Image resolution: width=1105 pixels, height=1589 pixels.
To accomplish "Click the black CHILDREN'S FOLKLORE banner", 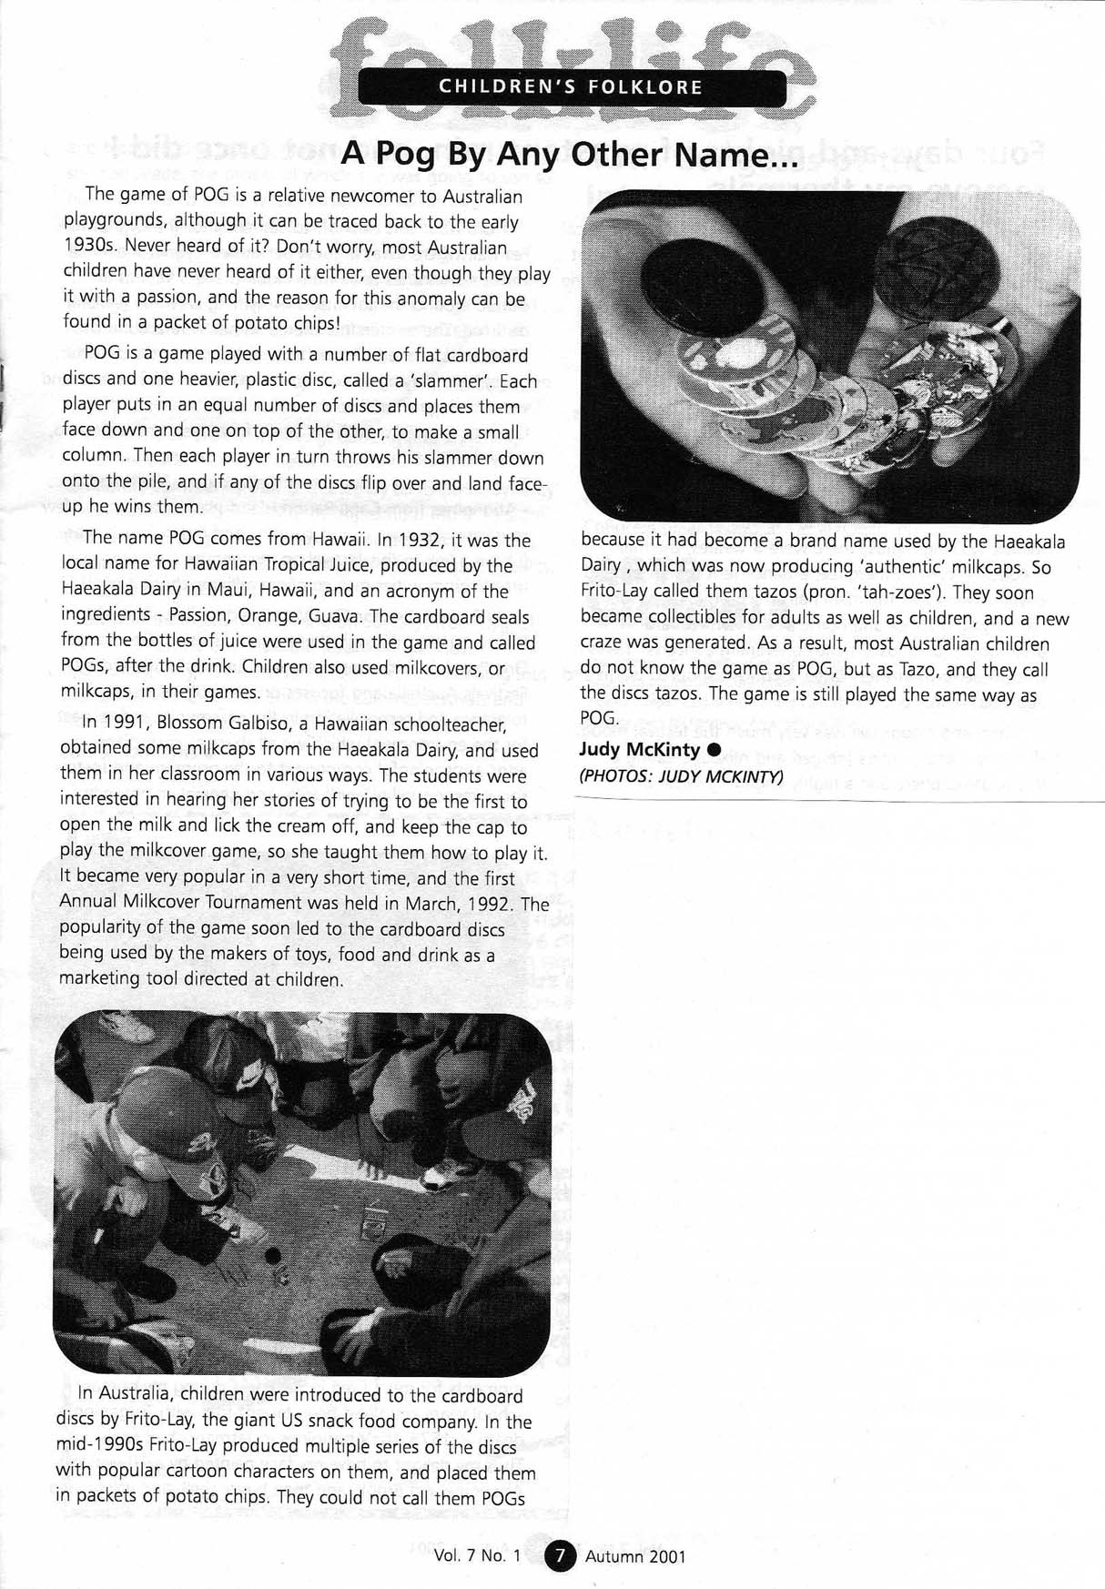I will tap(571, 87).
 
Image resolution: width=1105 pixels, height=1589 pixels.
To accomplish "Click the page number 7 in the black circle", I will tap(561, 1555).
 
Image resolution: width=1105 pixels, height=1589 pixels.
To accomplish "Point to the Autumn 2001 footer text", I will tap(635, 1556).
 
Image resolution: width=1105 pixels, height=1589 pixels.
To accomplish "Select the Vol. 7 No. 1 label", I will tap(478, 1555).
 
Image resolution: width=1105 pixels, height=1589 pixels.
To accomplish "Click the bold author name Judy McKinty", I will tap(639, 750).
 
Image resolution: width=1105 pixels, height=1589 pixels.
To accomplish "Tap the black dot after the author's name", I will tap(714, 749).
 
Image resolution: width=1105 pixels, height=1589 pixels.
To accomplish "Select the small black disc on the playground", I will tap(272, 1256).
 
